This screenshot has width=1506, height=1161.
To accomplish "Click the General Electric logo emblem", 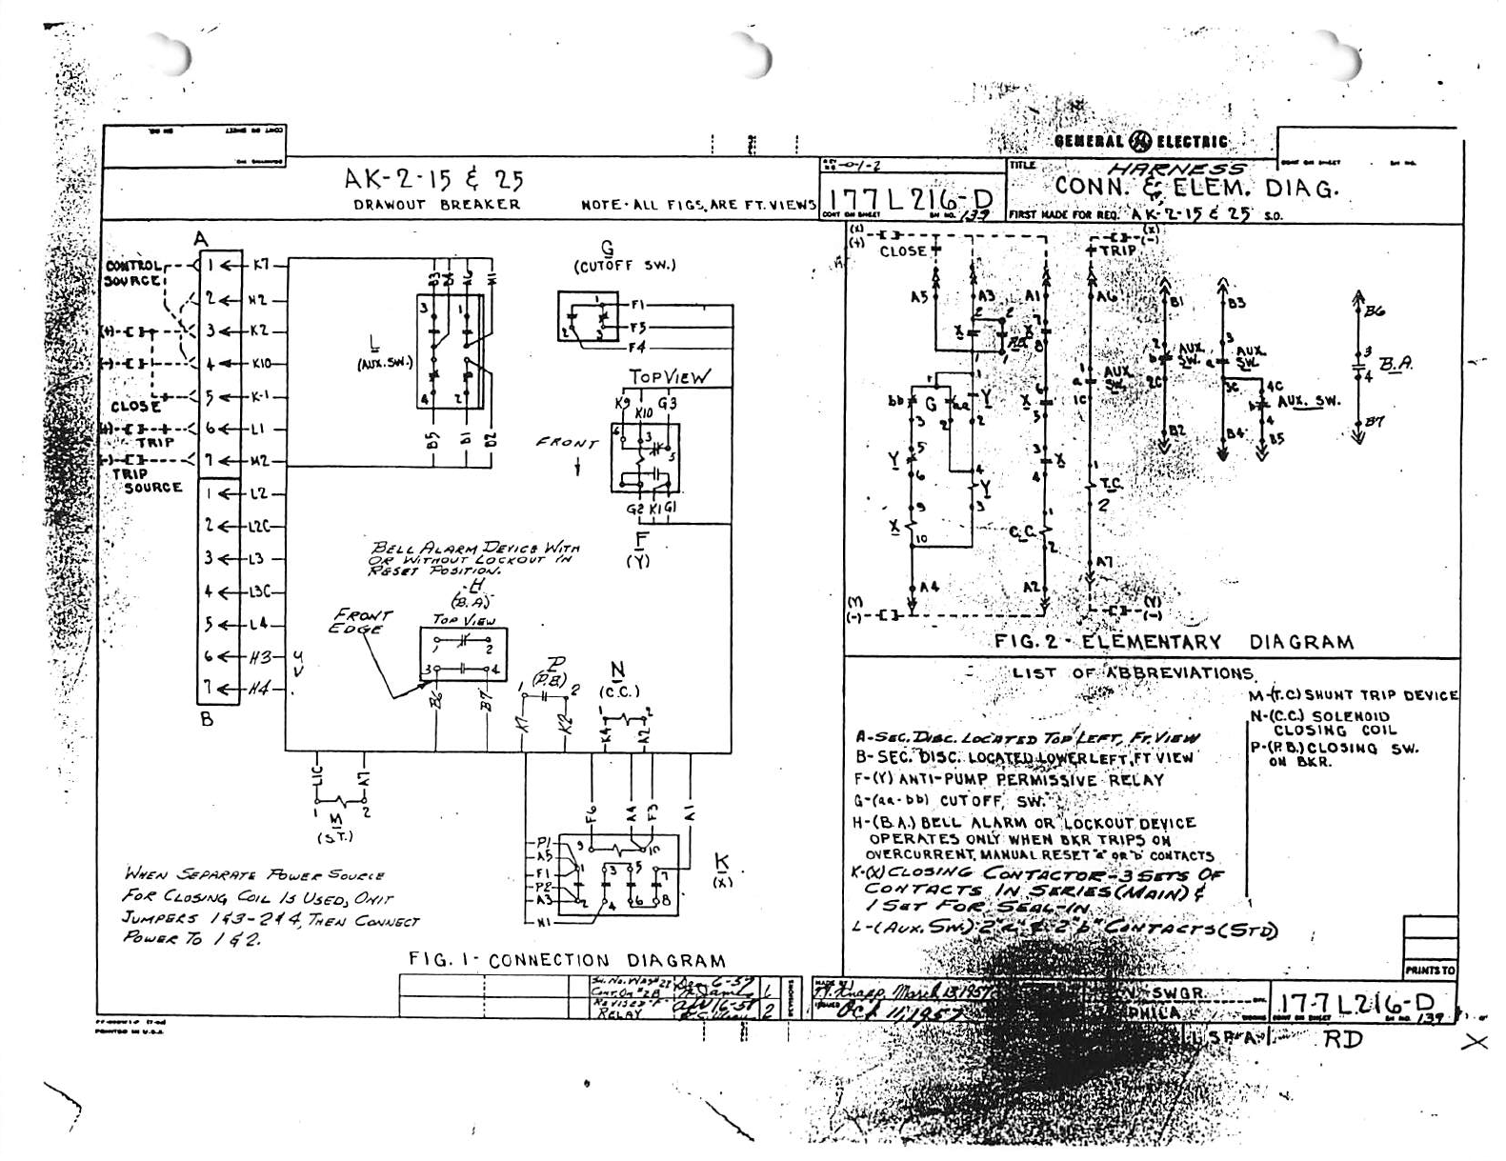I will [1139, 142].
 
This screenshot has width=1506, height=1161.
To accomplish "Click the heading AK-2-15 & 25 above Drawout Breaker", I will [434, 179].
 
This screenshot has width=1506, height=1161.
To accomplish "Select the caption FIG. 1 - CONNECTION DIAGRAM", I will [567, 961].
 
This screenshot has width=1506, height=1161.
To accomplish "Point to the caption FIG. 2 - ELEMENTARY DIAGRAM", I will [1174, 642].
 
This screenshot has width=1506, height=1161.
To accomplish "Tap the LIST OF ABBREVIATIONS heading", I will [1133, 672].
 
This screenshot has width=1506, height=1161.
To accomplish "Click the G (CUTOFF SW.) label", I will [625, 257].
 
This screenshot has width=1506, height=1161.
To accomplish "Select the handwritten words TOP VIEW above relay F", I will [669, 376].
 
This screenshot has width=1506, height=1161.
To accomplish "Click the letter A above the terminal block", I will [201, 239].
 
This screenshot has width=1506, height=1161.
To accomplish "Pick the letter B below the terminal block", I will [207, 719].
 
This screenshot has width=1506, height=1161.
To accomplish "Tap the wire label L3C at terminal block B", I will [261, 592].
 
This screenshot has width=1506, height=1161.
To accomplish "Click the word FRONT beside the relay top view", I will [567, 442].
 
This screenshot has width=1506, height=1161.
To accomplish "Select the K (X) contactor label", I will [721, 871].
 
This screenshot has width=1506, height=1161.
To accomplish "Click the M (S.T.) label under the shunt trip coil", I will [334, 828].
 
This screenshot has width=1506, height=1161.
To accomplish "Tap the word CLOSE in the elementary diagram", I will [902, 251].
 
